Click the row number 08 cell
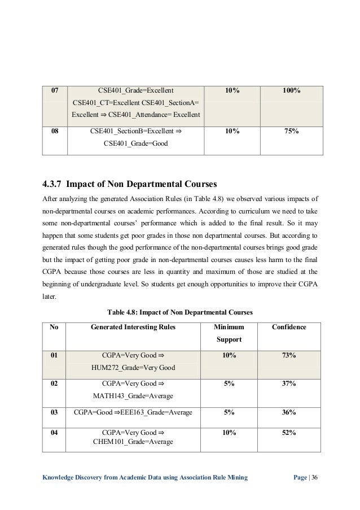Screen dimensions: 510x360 coord(55,131)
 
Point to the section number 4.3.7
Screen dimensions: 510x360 coord(55,183)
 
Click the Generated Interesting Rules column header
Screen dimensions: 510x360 coord(134,327)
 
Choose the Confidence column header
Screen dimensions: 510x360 coord(289,327)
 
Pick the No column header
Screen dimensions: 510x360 coord(54,327)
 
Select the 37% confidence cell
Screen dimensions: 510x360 coord(289,383)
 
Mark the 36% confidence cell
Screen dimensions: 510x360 coord(289,413)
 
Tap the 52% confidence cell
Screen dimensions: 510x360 coord(289,432)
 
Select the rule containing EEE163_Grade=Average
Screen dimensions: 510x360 coord(133,413)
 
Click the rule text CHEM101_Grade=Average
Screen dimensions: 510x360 coord(133,442)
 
